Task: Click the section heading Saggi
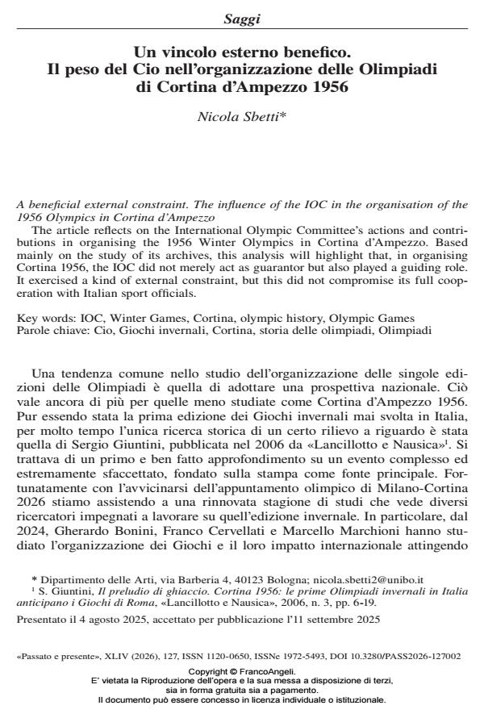242,15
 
